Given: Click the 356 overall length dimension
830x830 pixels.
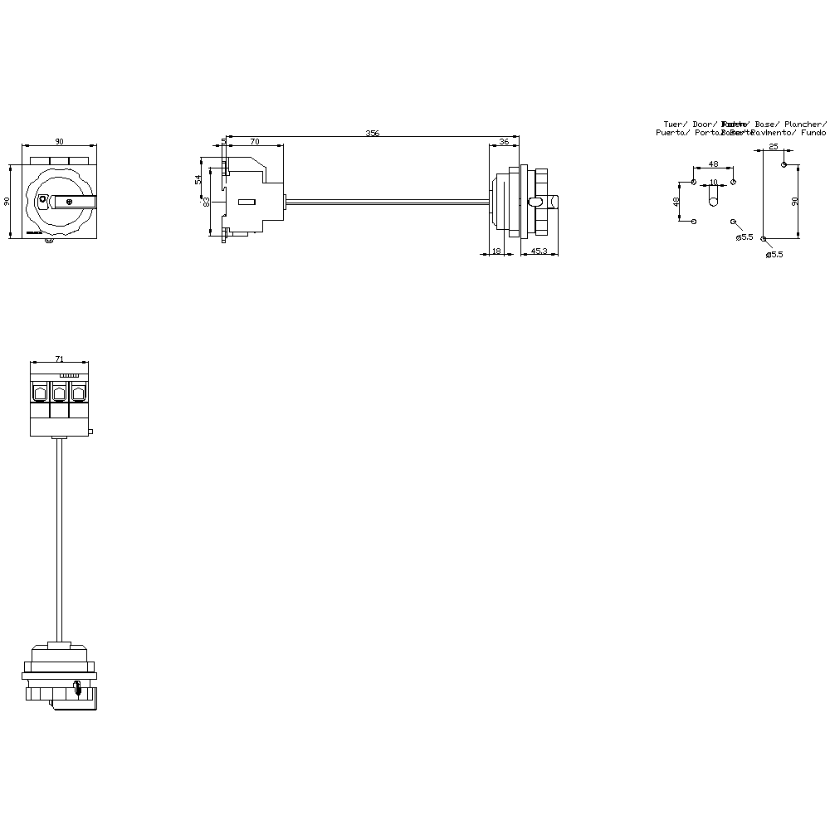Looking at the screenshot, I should coord(373,133).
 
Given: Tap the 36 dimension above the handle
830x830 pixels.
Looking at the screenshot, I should coord(504,143).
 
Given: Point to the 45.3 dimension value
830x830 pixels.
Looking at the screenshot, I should coord(539,251).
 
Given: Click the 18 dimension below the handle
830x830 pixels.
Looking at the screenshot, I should coord(496,251).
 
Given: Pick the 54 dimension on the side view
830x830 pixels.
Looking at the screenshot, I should coord(198,179).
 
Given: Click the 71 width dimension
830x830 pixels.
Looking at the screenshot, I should coord(59,359).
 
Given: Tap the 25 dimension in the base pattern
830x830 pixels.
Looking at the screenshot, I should coord(774,147).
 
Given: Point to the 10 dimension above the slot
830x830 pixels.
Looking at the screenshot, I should coord(713,182).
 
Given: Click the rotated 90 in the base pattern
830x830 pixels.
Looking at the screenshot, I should coord(794,202).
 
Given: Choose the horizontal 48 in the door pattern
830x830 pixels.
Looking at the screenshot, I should coord(713,164).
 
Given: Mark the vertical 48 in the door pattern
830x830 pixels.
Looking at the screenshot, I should coord(676,201).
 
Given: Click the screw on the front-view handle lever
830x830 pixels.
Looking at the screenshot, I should coord(69,201).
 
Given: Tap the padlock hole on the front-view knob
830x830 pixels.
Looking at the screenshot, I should coord(43,199).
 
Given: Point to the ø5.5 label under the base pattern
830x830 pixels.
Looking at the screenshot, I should coord(774,255).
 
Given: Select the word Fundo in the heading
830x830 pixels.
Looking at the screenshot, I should coord(814,133).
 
